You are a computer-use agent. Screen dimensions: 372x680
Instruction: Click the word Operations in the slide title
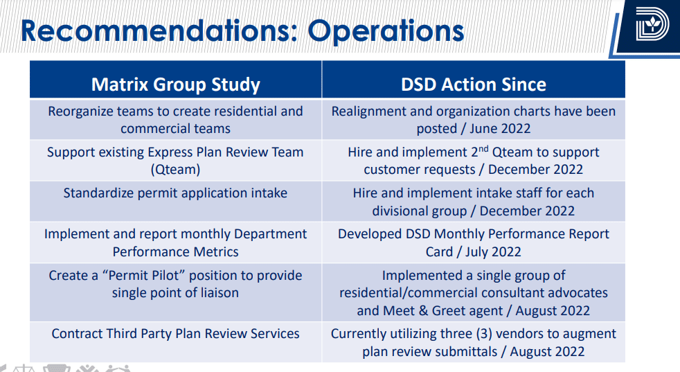pyautogui.click(x=386, y=31)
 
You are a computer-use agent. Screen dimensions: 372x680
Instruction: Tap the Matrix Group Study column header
pyautogui.click(x=175, y=85)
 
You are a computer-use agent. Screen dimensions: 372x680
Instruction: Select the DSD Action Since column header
pyautogui.click(x=473, y=85)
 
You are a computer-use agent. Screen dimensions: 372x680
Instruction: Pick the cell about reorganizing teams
pyautogui.click(x=175, y=120)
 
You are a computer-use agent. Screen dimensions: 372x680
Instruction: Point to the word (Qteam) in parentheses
pyautogui.click(x=175, y=169)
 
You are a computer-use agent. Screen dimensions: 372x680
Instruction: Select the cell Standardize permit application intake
pyautogui.click(x=175, y=193)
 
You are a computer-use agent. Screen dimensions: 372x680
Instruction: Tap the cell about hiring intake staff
pyautogui.click(x=473, y=202)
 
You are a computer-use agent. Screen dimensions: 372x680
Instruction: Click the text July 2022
pyautogui.click(x=493, y=251)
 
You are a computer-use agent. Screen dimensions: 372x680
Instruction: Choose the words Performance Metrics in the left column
pyautogui.click(x=175, y=251)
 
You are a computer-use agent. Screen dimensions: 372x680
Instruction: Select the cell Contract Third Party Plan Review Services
pyautogui.click(x=175, y=334)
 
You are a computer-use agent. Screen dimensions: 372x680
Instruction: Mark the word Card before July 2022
pyautogui.click(x=439, y=251)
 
